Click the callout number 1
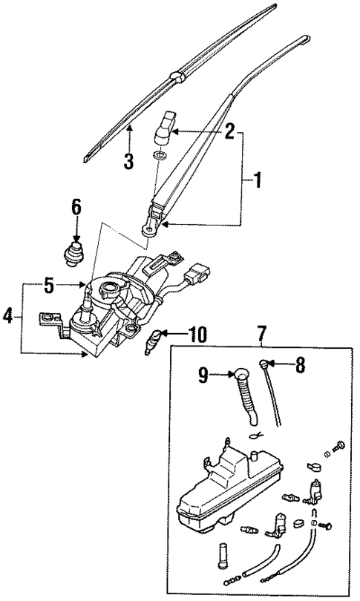(258, 180)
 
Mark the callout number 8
(301, 364)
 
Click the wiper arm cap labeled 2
(165, 128)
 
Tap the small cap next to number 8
(265, 364)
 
